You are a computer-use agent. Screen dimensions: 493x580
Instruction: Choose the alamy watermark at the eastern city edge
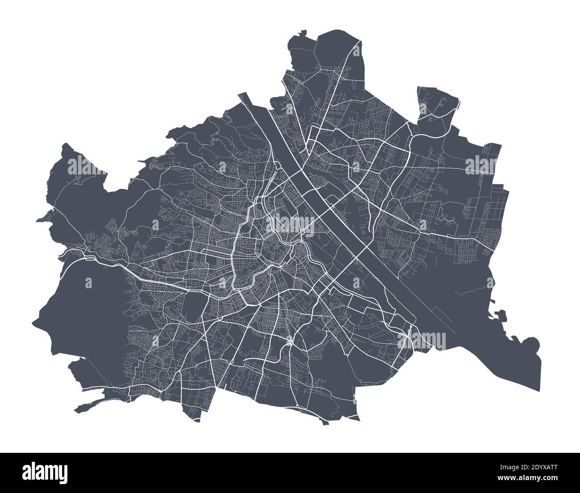coord(481,165)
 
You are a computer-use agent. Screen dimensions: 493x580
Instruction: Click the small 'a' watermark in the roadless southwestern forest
coord(88,282)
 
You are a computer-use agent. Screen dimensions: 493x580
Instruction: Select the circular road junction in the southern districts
coord(290,342)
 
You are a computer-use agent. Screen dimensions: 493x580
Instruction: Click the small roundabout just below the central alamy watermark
coord(302,232)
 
